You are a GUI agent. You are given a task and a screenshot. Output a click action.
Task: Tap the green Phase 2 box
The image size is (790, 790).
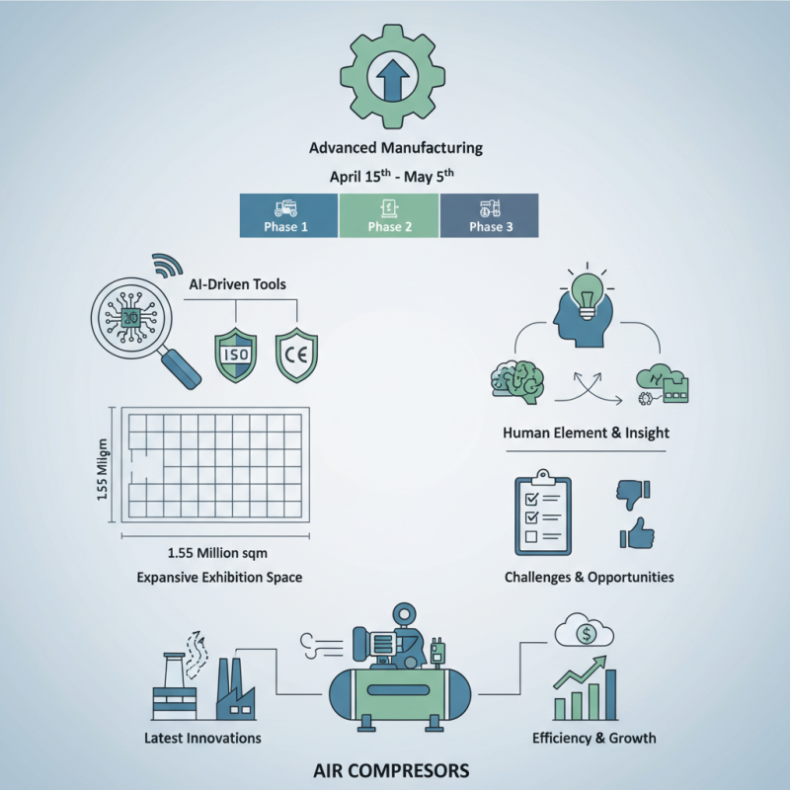pos(389,215)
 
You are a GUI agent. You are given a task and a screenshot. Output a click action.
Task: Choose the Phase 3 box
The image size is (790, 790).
pos(489,215)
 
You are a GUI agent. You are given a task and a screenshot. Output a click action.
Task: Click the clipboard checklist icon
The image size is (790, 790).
pos(544,513)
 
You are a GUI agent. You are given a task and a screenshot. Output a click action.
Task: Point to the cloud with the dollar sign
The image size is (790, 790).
pos(587,632)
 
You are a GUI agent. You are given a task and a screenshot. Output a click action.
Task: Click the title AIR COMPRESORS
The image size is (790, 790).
pos(395,769)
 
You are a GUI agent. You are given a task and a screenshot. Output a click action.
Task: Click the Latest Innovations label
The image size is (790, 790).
pos(201,738)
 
